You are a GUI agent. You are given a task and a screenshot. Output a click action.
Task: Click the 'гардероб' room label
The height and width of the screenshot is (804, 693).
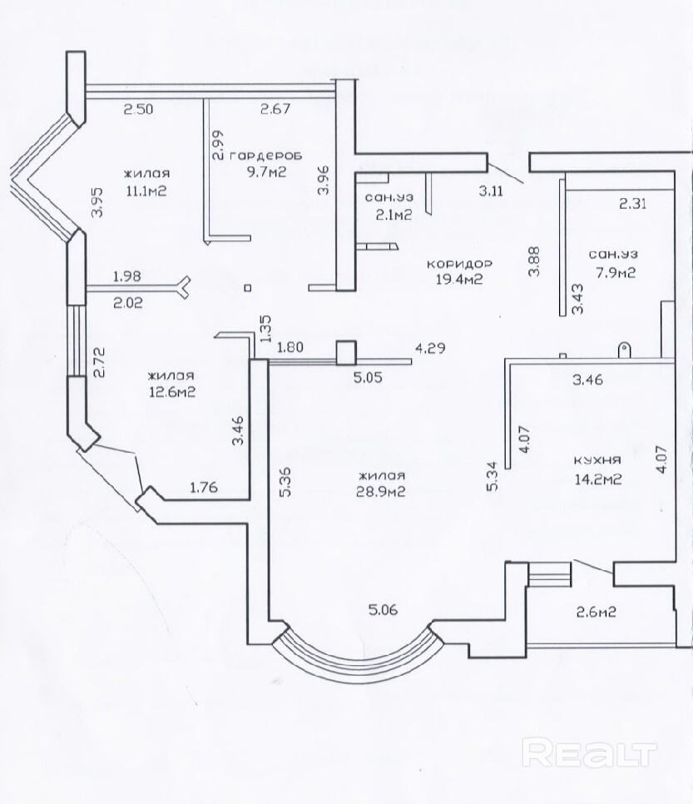[266, 156]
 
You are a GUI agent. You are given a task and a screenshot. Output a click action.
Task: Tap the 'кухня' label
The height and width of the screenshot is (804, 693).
[597, 460]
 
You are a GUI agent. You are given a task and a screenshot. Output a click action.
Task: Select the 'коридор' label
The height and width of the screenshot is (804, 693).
[459, 264]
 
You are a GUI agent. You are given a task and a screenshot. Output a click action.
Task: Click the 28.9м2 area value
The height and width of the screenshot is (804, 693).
[381, 492]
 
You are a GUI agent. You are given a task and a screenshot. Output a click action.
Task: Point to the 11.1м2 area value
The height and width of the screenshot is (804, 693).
[146, 191]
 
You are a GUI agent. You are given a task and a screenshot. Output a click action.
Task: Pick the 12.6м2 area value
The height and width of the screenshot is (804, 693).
[171, 392]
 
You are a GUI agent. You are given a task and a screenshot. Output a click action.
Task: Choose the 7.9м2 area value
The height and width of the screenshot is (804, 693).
[612, 272]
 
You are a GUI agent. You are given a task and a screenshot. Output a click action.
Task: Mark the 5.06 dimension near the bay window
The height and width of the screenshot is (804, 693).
[383, 610]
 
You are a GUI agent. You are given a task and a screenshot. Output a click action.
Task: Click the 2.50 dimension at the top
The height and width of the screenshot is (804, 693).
[137, 109]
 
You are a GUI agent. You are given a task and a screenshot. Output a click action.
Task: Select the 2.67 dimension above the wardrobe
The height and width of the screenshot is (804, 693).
[275, 109]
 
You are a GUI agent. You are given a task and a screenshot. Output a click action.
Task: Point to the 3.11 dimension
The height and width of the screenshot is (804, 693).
[491, 191]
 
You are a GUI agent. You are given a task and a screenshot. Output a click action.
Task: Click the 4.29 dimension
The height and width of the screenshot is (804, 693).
[430, 348]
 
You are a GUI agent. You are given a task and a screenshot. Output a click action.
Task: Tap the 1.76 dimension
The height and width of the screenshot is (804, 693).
[204, 487]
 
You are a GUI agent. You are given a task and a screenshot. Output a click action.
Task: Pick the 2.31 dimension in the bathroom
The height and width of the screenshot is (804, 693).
[633, 204]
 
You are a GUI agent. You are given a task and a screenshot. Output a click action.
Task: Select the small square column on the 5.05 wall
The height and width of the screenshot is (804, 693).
[346, 353]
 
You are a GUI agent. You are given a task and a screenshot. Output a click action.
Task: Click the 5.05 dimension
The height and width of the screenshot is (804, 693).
[368, 378]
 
